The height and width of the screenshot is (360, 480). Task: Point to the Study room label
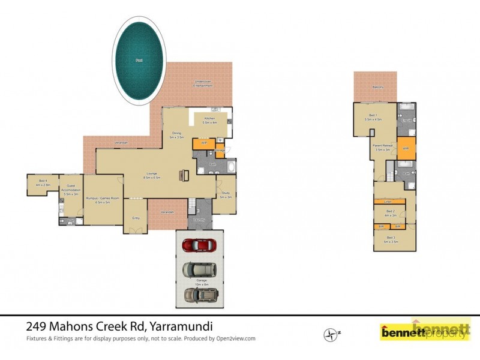click(225, 195)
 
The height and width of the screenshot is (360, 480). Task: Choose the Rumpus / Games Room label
click(103, 200)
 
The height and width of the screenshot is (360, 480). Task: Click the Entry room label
click(135, 218)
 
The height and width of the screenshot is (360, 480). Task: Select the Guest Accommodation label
click(71, 192)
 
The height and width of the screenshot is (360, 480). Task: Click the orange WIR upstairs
click(406, 148)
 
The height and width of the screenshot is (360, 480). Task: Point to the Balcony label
click(377, 88)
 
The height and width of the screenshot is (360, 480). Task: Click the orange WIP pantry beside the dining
click(204, 144)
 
